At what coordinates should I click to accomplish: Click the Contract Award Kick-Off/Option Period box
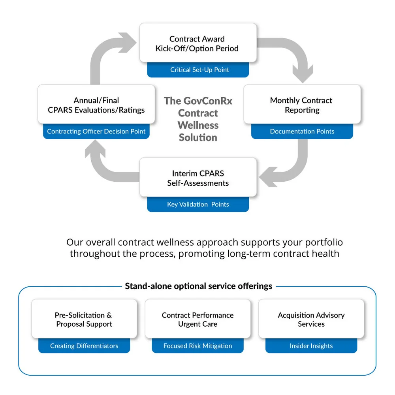coord(198,43)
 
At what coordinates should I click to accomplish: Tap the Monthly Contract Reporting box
coord(302,105)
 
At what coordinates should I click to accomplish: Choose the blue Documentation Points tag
coord(302,132)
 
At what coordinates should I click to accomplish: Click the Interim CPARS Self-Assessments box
coord(198,178)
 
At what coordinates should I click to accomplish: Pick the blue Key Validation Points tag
coord(198,205)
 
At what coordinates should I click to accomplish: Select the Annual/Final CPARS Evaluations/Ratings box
coord(96,105)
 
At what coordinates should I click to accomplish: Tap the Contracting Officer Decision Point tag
coord(96,132)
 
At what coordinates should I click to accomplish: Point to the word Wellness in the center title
coord(198,125)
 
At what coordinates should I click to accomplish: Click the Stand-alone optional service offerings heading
coord(198,286)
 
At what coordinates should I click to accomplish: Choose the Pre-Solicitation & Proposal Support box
coord(84,319)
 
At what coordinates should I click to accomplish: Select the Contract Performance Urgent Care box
coord(197,319)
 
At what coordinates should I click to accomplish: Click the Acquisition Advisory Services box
coord(311,319)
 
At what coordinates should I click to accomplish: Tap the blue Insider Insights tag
coord(311,346)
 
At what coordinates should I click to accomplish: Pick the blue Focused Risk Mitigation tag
coord(197,346)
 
